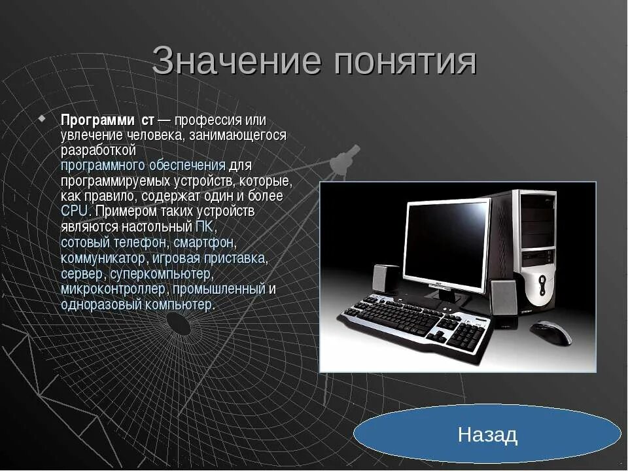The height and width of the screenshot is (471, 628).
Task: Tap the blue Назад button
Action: pyautogui.click(x=487, y=434)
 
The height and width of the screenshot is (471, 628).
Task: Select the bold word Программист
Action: pyautogui.click(x=107, y=120)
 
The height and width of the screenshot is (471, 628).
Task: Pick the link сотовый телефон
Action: pyautogui.click(x=114, y=242)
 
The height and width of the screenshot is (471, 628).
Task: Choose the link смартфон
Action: pyautogui.click(x=203, y=242)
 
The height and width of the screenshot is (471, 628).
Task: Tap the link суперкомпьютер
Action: pyautogui.click(x=160, y=273)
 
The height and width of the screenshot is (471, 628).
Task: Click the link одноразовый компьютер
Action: pyautogui.click(x=137, y=304)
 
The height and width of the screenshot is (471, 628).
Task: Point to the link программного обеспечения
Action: pyautogui.click(x=143, y=166)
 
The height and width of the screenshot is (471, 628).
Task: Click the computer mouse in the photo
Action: pyautogui.click(x=549, y=332)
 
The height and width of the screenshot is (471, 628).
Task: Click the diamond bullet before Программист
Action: pyautogui.click(x=43, y=119)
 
